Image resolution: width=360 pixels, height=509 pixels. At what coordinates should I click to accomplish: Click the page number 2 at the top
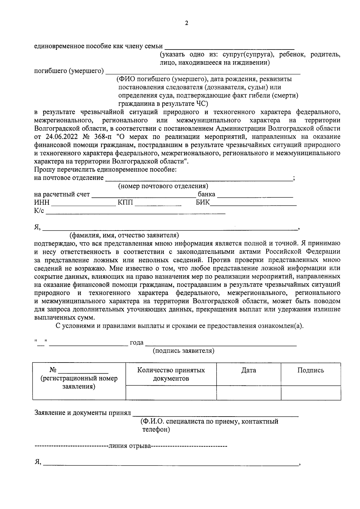click(x=186, y=23)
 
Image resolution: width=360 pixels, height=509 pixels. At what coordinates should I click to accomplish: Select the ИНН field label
click(x=42, y=203)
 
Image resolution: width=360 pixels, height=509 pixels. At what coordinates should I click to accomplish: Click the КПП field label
click(x=125, y=203)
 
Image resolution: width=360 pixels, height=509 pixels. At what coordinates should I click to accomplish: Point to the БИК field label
click(x=203, y=203)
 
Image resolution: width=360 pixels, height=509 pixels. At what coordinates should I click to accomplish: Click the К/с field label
click(x=39, y=211)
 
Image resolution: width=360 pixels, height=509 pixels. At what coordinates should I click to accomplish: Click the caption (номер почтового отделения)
click(x=163, y=186)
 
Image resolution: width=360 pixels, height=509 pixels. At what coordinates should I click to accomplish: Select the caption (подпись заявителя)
click(x=184, y=351)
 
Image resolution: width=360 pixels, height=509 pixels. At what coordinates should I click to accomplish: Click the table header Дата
click(x=249, y=370)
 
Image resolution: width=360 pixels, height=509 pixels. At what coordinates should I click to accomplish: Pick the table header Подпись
click(x=310, y=370)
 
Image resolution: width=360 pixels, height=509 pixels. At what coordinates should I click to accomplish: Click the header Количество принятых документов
click(x=171, y=374)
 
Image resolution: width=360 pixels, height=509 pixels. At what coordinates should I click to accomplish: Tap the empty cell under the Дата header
click(x=249, y=393)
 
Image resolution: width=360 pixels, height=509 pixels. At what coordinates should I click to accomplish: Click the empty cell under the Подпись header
click(x=310, y=393)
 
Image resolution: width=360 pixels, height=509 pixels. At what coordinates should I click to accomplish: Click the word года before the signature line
click(x=136, y=343)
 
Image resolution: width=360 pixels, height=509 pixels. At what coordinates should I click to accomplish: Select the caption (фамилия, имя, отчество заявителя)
click(x=124, y=235)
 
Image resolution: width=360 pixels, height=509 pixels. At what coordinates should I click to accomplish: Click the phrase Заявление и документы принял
click(x=83, y=413)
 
